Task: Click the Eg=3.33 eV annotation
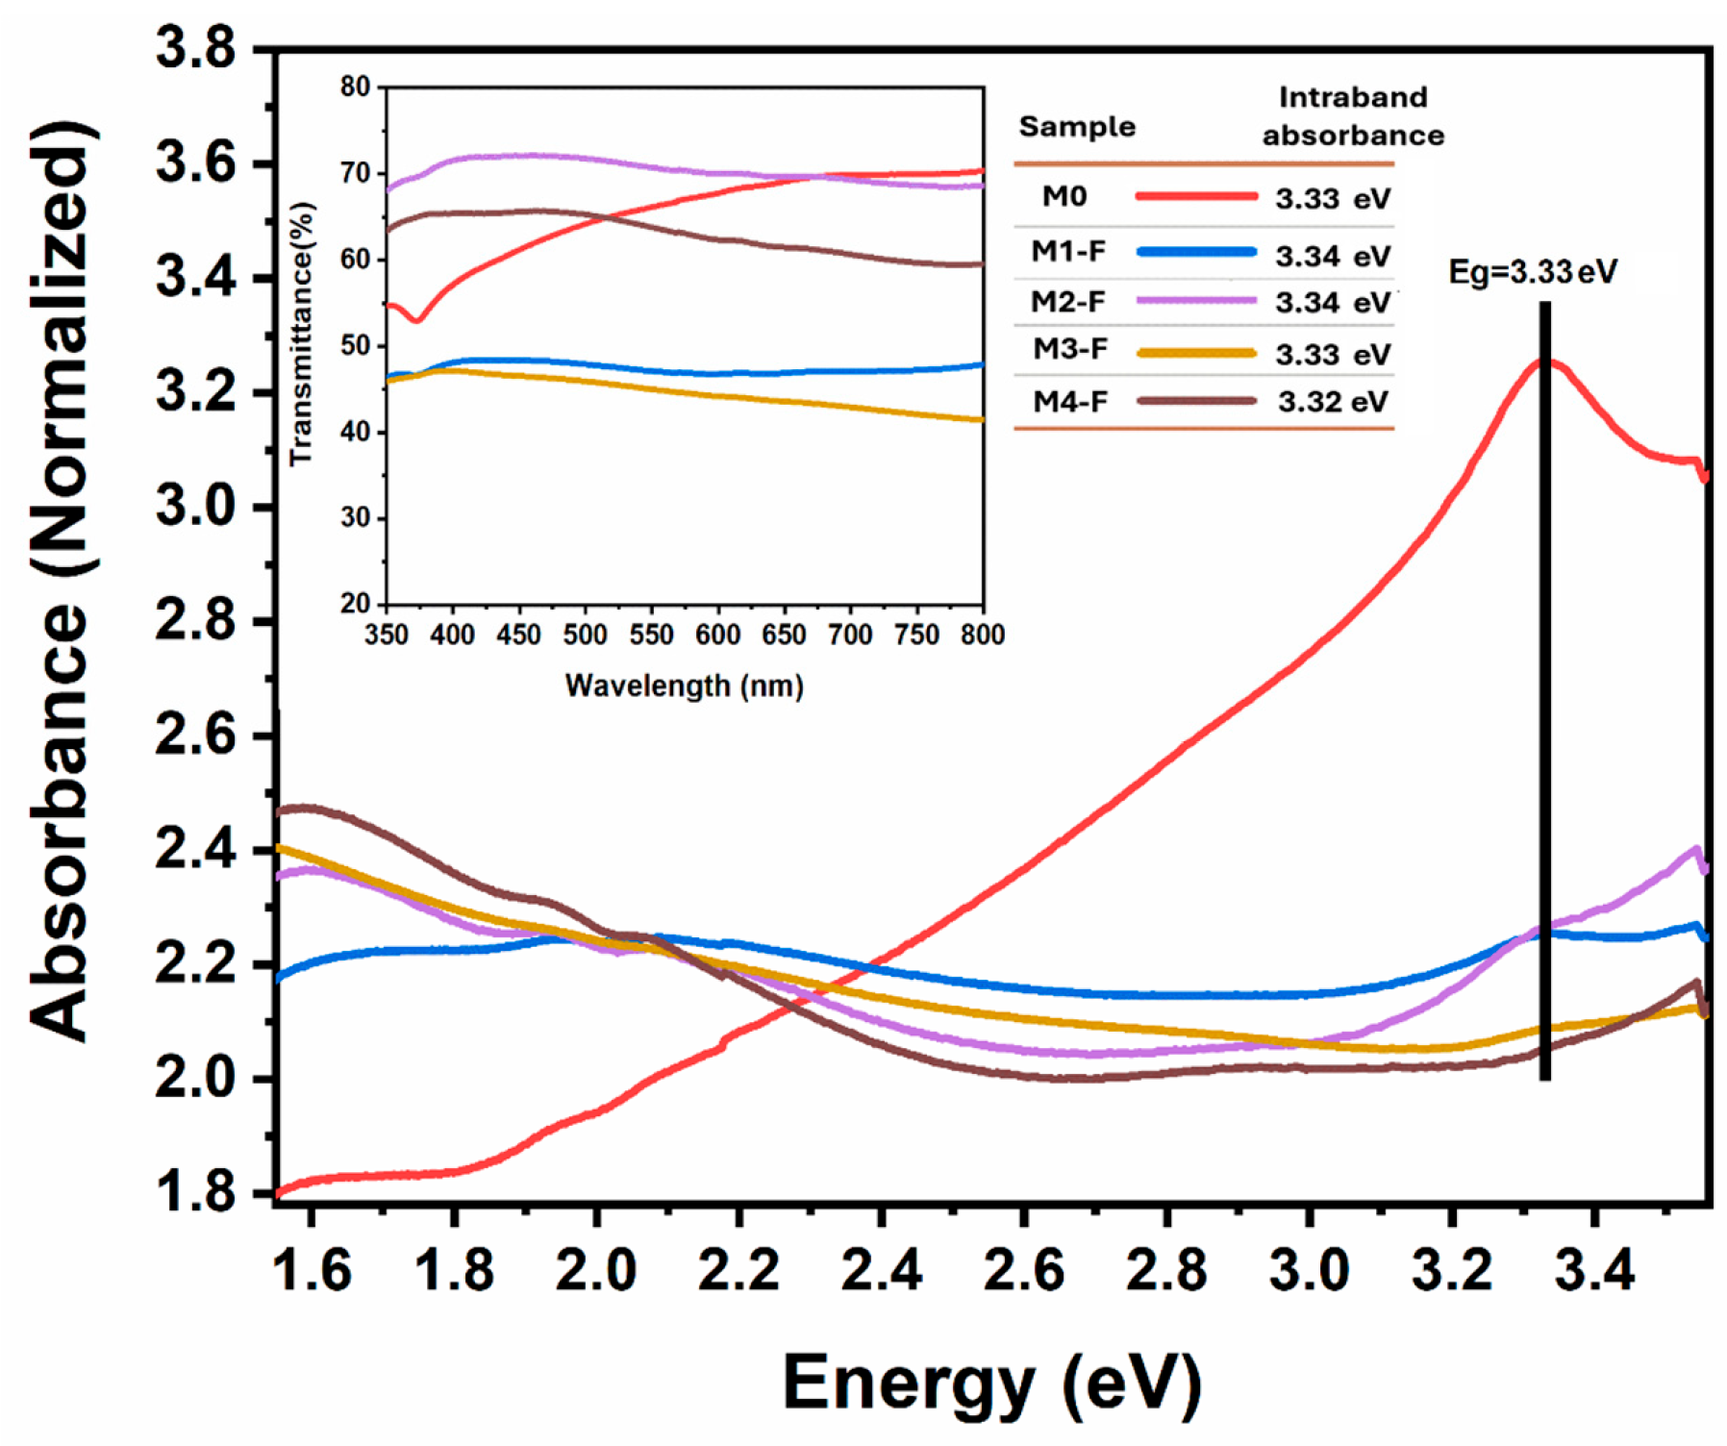1533,272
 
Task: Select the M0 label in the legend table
1064,197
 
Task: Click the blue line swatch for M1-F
1196,252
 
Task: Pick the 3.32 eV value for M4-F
1333,402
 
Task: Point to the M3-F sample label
1069,349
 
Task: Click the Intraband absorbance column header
1353,116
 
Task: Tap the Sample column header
1077,127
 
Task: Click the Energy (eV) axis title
992,1383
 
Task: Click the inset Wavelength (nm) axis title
684,686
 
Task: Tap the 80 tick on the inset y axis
355,87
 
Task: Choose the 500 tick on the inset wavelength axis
585,635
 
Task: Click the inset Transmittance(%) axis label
301,335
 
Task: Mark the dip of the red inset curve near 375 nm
416,319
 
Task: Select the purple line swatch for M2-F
1196,301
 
